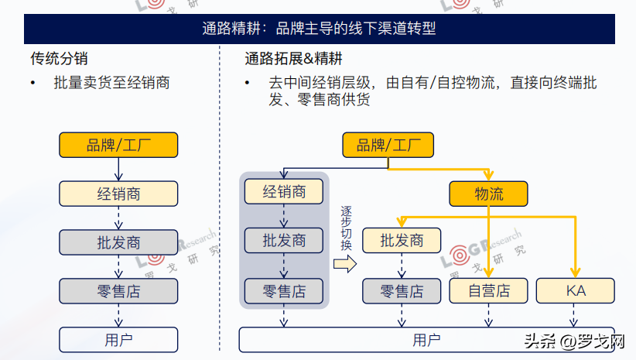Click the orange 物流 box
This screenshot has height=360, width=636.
pyautogui.click(x=488, y=194)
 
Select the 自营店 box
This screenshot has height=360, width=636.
pyautogui.click(x=488, y=290)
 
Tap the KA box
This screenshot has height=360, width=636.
pyautogui.click(x=575, y=290)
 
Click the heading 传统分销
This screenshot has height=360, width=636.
pyautogui.click(x=59, y=58)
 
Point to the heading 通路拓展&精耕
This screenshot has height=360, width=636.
pyautogui.click(x=293, y=58)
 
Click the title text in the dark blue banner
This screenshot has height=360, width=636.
pyautogui.click(x=319, y=29)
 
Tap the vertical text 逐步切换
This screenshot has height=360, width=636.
pyautogui.click(x=346, y=228)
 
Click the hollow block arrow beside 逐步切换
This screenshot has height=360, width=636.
pyautogui.click(x=345, y=264)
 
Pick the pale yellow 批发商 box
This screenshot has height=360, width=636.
pyautogui.click(x=402, y=240)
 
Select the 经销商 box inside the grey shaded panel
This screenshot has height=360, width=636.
pyautogui.click(x=283, y=191)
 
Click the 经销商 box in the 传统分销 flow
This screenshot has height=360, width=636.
pyautogui.click(x=118, y=194)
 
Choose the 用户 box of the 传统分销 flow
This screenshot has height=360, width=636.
pyautogui.click(x=118, y=340)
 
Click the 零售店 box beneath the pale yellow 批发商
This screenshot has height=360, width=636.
pyautogui.click(x=402, y=290)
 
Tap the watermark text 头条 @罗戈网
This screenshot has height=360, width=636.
pyautogui.click(x=574, y=341)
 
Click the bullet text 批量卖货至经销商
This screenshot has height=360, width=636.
pyautogui.click(x=111, y=83)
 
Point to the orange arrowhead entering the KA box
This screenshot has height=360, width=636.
pyautogui.click(x=575, y=273)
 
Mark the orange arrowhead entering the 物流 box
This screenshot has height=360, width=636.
pyautogui.click(x=488, y=175)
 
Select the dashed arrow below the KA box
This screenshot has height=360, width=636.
pyautogui.click(x=573, y=315)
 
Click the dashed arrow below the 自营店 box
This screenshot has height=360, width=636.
pyautogui.click(x=488, y=315)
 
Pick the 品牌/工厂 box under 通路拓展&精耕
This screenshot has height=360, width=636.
pyautogui.click(x=388, y=145)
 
